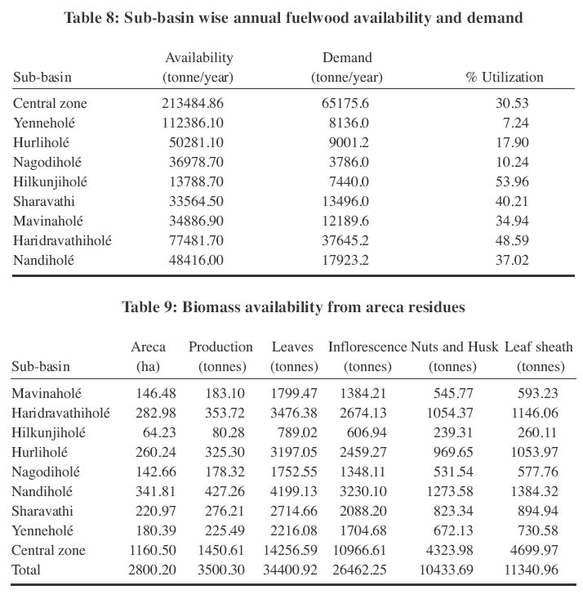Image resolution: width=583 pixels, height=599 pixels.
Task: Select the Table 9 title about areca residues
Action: pyautogui.click(x=293, y=307)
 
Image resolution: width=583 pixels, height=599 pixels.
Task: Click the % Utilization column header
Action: pyautogui.click(x=504, y=78)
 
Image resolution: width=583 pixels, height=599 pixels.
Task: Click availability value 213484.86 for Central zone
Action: pyautogui.click(x=193, y=104)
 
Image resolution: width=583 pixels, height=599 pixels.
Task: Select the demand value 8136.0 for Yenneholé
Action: pyautogui.click(x=351, y=123)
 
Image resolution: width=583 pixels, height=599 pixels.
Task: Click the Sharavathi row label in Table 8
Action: pyautogui.click(x=42, y=202)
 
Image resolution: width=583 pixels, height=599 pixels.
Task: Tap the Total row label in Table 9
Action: pyautogui.click(x=25, y=570)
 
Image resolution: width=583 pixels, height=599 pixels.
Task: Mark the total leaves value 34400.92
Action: pyautogui.click(x=290, y=570)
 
